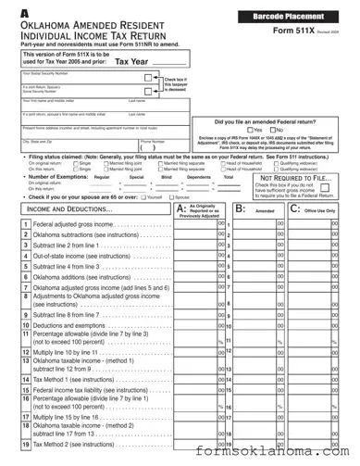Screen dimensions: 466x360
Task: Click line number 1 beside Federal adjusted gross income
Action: pos(25,224)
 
